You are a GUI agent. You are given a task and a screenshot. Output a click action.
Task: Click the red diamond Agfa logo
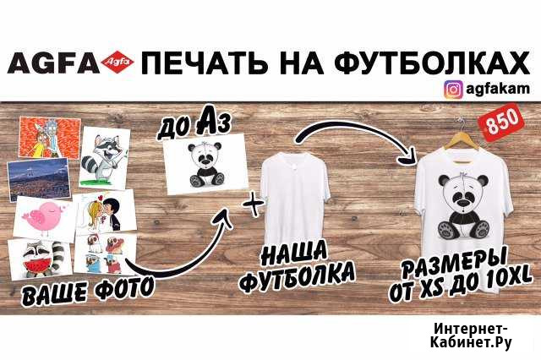(x=118, y=63)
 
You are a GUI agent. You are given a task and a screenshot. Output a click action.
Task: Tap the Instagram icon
(x=453, y=90)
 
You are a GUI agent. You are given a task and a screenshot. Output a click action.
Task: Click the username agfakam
(x=498, y=89)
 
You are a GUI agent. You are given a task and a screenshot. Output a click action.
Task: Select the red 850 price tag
(x=503, y=122)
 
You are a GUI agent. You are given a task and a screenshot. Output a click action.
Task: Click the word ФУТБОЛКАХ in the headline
(x=433, y=63)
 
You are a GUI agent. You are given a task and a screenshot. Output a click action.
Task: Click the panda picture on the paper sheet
(x=206, y=165)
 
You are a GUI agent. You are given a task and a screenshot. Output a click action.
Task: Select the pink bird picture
(x=44, y=217)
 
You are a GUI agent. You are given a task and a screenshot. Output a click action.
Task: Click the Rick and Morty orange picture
(x=49, y=138)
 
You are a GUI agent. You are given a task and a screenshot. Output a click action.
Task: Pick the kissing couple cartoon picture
(x=105, y=211)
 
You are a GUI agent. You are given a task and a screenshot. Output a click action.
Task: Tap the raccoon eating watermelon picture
(x=41, y=259)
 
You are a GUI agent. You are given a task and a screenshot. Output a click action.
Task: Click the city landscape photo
(x=39, y=179)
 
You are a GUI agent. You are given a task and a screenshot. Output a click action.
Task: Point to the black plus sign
(x=254, y=204)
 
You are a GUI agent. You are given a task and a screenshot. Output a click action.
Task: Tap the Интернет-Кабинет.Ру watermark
(x=471, y=335)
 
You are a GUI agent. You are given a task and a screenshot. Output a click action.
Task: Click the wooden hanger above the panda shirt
(x=462, y=141)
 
